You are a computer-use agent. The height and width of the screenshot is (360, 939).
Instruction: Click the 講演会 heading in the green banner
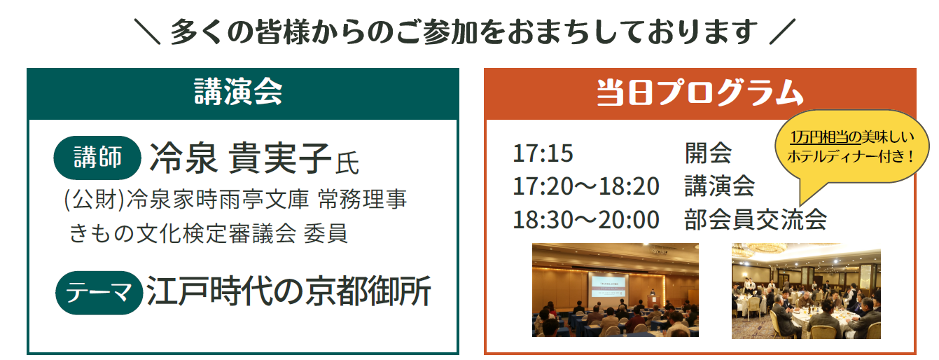[238, 92]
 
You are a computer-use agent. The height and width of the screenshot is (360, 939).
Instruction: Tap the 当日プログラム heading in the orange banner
[700, 92]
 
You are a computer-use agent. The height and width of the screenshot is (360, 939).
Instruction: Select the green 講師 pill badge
[97, 158]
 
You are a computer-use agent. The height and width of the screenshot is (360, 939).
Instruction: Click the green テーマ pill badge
[99, 293]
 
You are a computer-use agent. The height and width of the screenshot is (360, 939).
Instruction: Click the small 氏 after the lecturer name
[347, 162]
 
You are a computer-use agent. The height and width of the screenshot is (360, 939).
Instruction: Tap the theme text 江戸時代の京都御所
[288, 291]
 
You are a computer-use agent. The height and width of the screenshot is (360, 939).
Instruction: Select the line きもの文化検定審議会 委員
[209, 233]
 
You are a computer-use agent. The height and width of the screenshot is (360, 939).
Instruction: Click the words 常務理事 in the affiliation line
[362, 199]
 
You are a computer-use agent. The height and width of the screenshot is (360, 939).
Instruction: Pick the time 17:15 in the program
[543, 153]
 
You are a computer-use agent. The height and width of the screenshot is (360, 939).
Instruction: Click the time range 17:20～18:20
[586, 186]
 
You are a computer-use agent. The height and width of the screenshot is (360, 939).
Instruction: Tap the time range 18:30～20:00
[586, 220]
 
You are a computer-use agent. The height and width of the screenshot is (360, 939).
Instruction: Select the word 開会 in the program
[708, 153]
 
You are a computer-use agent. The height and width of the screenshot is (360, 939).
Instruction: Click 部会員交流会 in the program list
[756, 220]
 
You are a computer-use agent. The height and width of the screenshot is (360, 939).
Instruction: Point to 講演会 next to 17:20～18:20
[720, 186]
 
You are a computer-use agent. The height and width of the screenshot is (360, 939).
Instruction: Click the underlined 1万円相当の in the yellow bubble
[826, 137]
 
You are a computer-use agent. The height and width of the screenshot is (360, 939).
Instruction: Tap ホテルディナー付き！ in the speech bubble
[851, 156]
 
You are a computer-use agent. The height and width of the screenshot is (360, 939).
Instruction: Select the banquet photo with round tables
[806, 291]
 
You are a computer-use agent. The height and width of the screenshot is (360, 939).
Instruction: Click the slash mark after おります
[782, 32]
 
